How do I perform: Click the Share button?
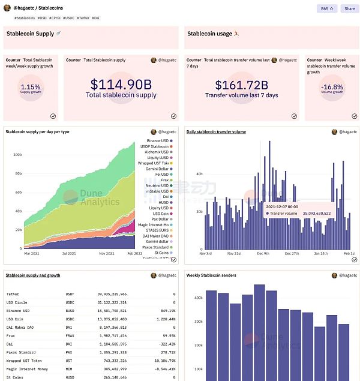click(x=349, y=9)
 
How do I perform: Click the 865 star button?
click(x=327, y=9)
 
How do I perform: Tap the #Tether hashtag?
click(x=83, y=18)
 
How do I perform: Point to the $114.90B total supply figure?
click(x=121, y=85)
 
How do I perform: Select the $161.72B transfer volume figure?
click(x=241, y=85)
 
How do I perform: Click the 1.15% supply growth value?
click(x=31, y=87)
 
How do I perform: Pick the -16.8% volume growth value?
click(x=332, y=87)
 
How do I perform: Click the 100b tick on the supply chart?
click(x=17, y=154)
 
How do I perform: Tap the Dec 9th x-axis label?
click(x=263, y=254)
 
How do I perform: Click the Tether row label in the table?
click(x=13, y=294)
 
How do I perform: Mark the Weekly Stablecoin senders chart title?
click(x=211, y=275)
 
